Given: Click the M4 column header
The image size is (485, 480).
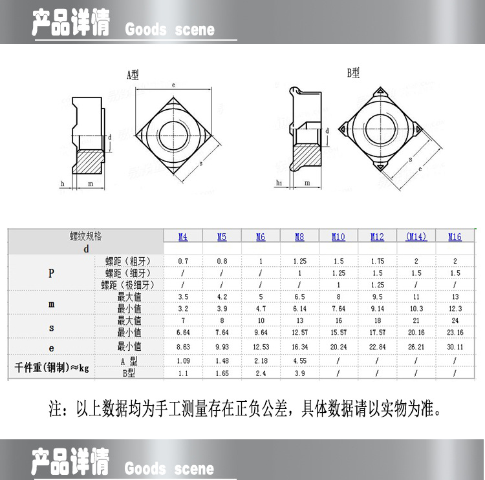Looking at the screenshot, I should click(183, 237).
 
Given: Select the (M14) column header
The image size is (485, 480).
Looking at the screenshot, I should click(416, 237).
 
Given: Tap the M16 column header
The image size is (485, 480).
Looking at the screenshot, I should click(455, 237).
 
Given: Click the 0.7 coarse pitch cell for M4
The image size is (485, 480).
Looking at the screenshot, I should click(183, 261).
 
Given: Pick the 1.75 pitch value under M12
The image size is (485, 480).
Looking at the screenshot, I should click(377, 261).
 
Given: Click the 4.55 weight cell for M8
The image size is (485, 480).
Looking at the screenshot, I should click(299, 361).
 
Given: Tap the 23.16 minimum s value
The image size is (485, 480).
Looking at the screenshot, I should click(455, 333).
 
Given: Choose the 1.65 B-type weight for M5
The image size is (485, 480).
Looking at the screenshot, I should click(222, 373).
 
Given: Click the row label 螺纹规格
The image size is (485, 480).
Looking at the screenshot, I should click(86, 236).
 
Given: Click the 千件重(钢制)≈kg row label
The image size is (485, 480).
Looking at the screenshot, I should click(52, 368).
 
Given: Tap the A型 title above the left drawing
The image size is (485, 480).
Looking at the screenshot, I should click(132, 75).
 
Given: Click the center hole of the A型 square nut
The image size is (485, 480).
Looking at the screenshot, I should click(174, 133).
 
